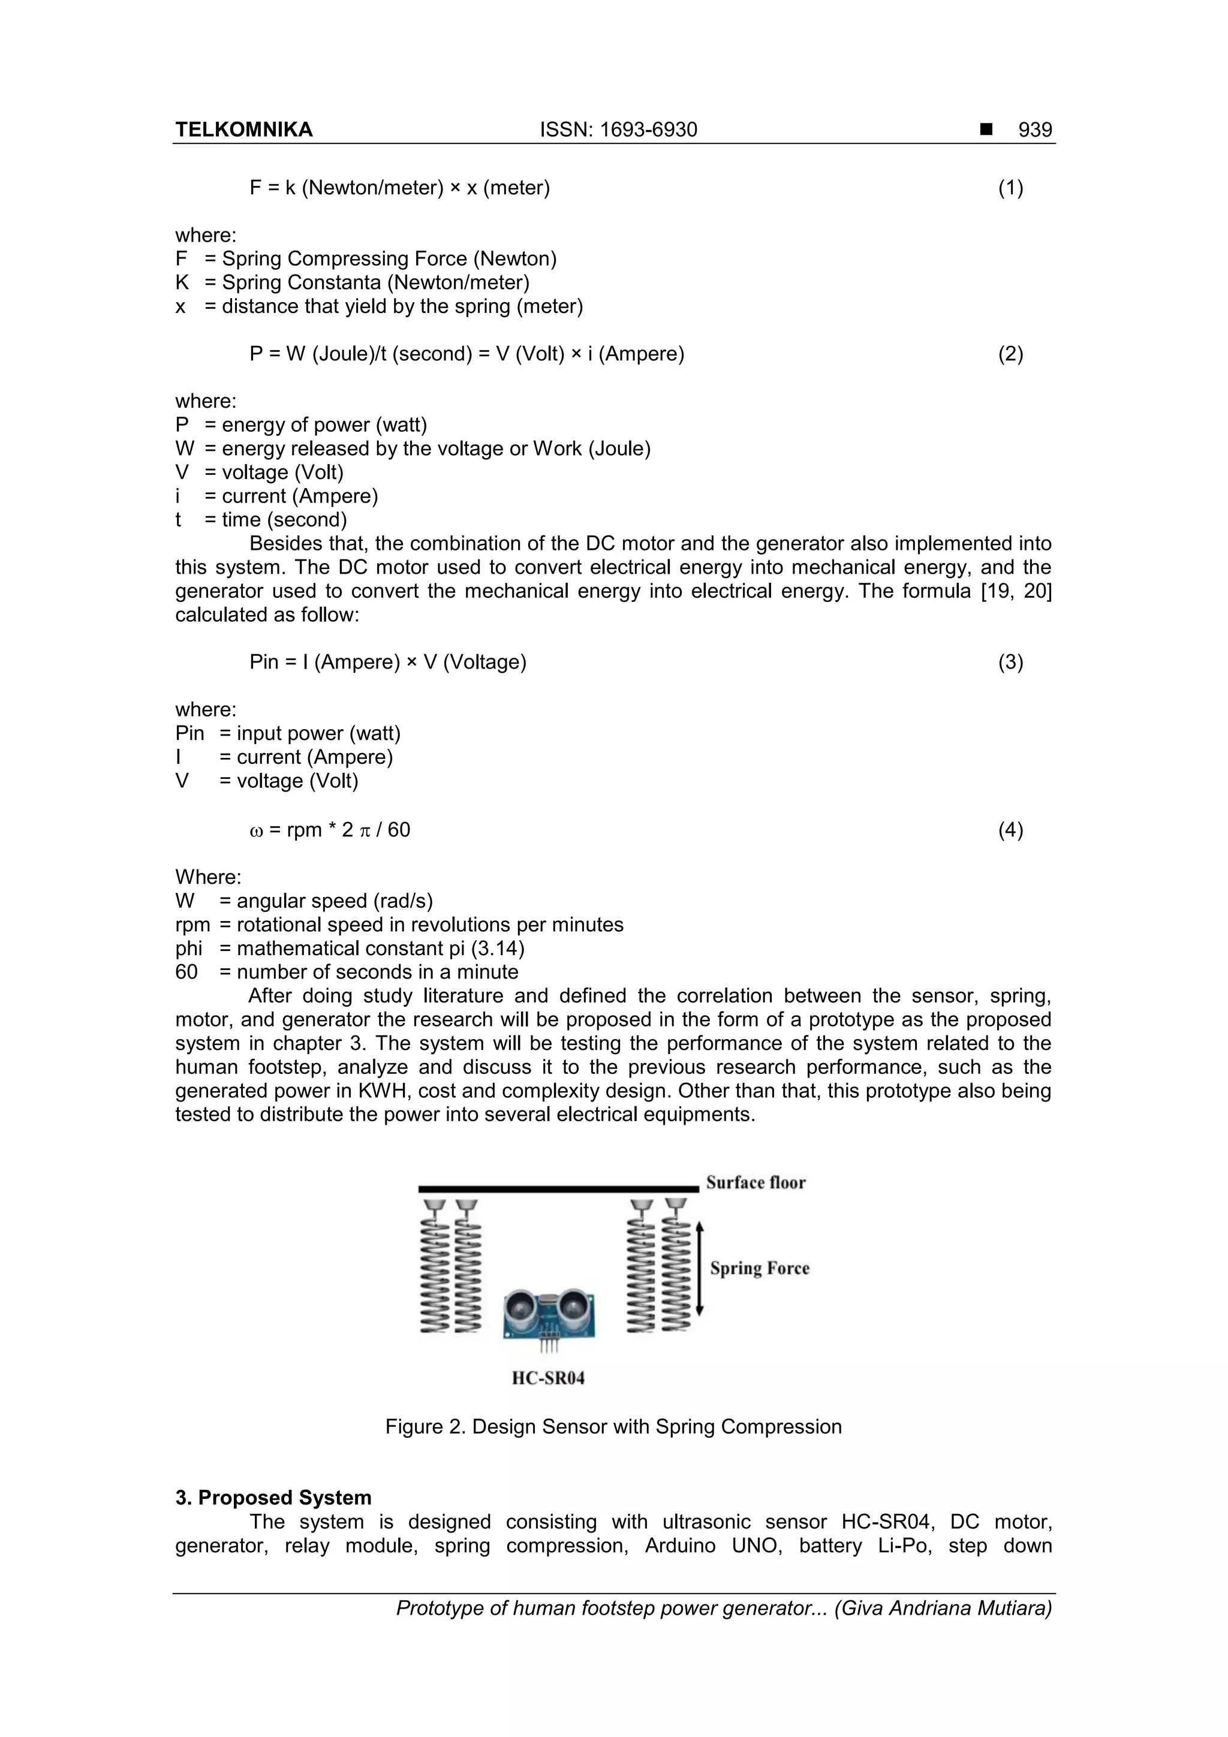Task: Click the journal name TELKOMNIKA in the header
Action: (243, 130)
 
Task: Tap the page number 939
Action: (1034, 130)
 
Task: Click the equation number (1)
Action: (1010, 188)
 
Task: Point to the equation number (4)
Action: (1010, 830)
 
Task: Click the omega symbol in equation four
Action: (256, 830)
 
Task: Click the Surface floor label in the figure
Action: (756, 1182)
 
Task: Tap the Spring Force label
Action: (759, 1268)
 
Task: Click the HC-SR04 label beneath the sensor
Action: (548, 1378)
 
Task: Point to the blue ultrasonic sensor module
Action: (550, 1312)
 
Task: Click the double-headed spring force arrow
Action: (700, 1268)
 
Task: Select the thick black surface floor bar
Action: (558, 1189)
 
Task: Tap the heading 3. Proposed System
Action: (273, 1498)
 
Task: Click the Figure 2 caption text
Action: (613, 1427)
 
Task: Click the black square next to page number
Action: (986, 130)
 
